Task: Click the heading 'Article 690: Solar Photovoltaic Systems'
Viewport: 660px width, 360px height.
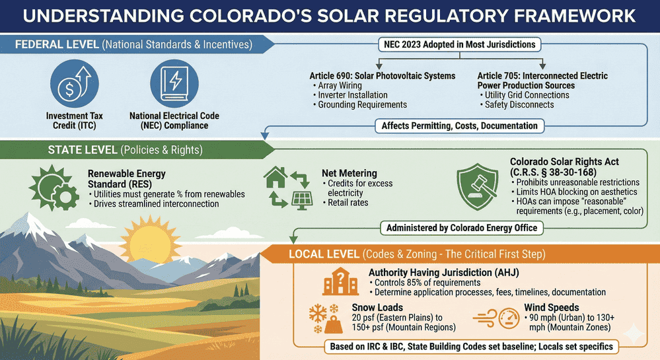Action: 383,76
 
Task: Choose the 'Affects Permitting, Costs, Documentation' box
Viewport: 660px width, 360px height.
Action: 459,125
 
